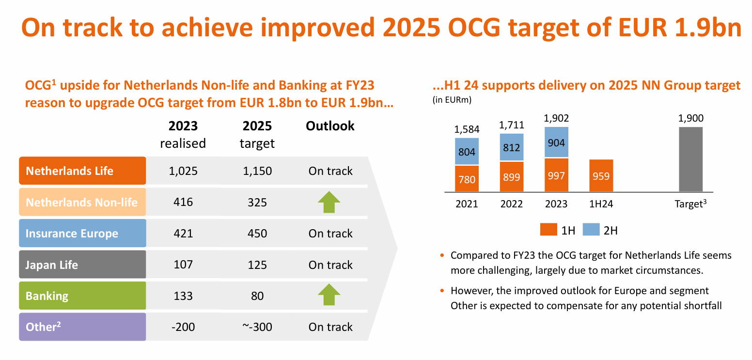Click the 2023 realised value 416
point(183,202)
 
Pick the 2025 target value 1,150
point(257,171)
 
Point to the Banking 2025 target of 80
point(257,296)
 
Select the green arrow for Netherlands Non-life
point(329,202)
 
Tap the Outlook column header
point(330,126)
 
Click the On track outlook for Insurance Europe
point(330,234)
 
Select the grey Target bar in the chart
point(690,159)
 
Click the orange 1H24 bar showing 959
point(601,175)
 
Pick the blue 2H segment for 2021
point(467,151)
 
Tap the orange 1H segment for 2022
point(511,177)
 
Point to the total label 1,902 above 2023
point(556,118)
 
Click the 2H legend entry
point(602,231)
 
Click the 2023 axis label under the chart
point(556,204)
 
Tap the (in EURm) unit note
point(452,100)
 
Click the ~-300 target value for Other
point(257,327)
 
